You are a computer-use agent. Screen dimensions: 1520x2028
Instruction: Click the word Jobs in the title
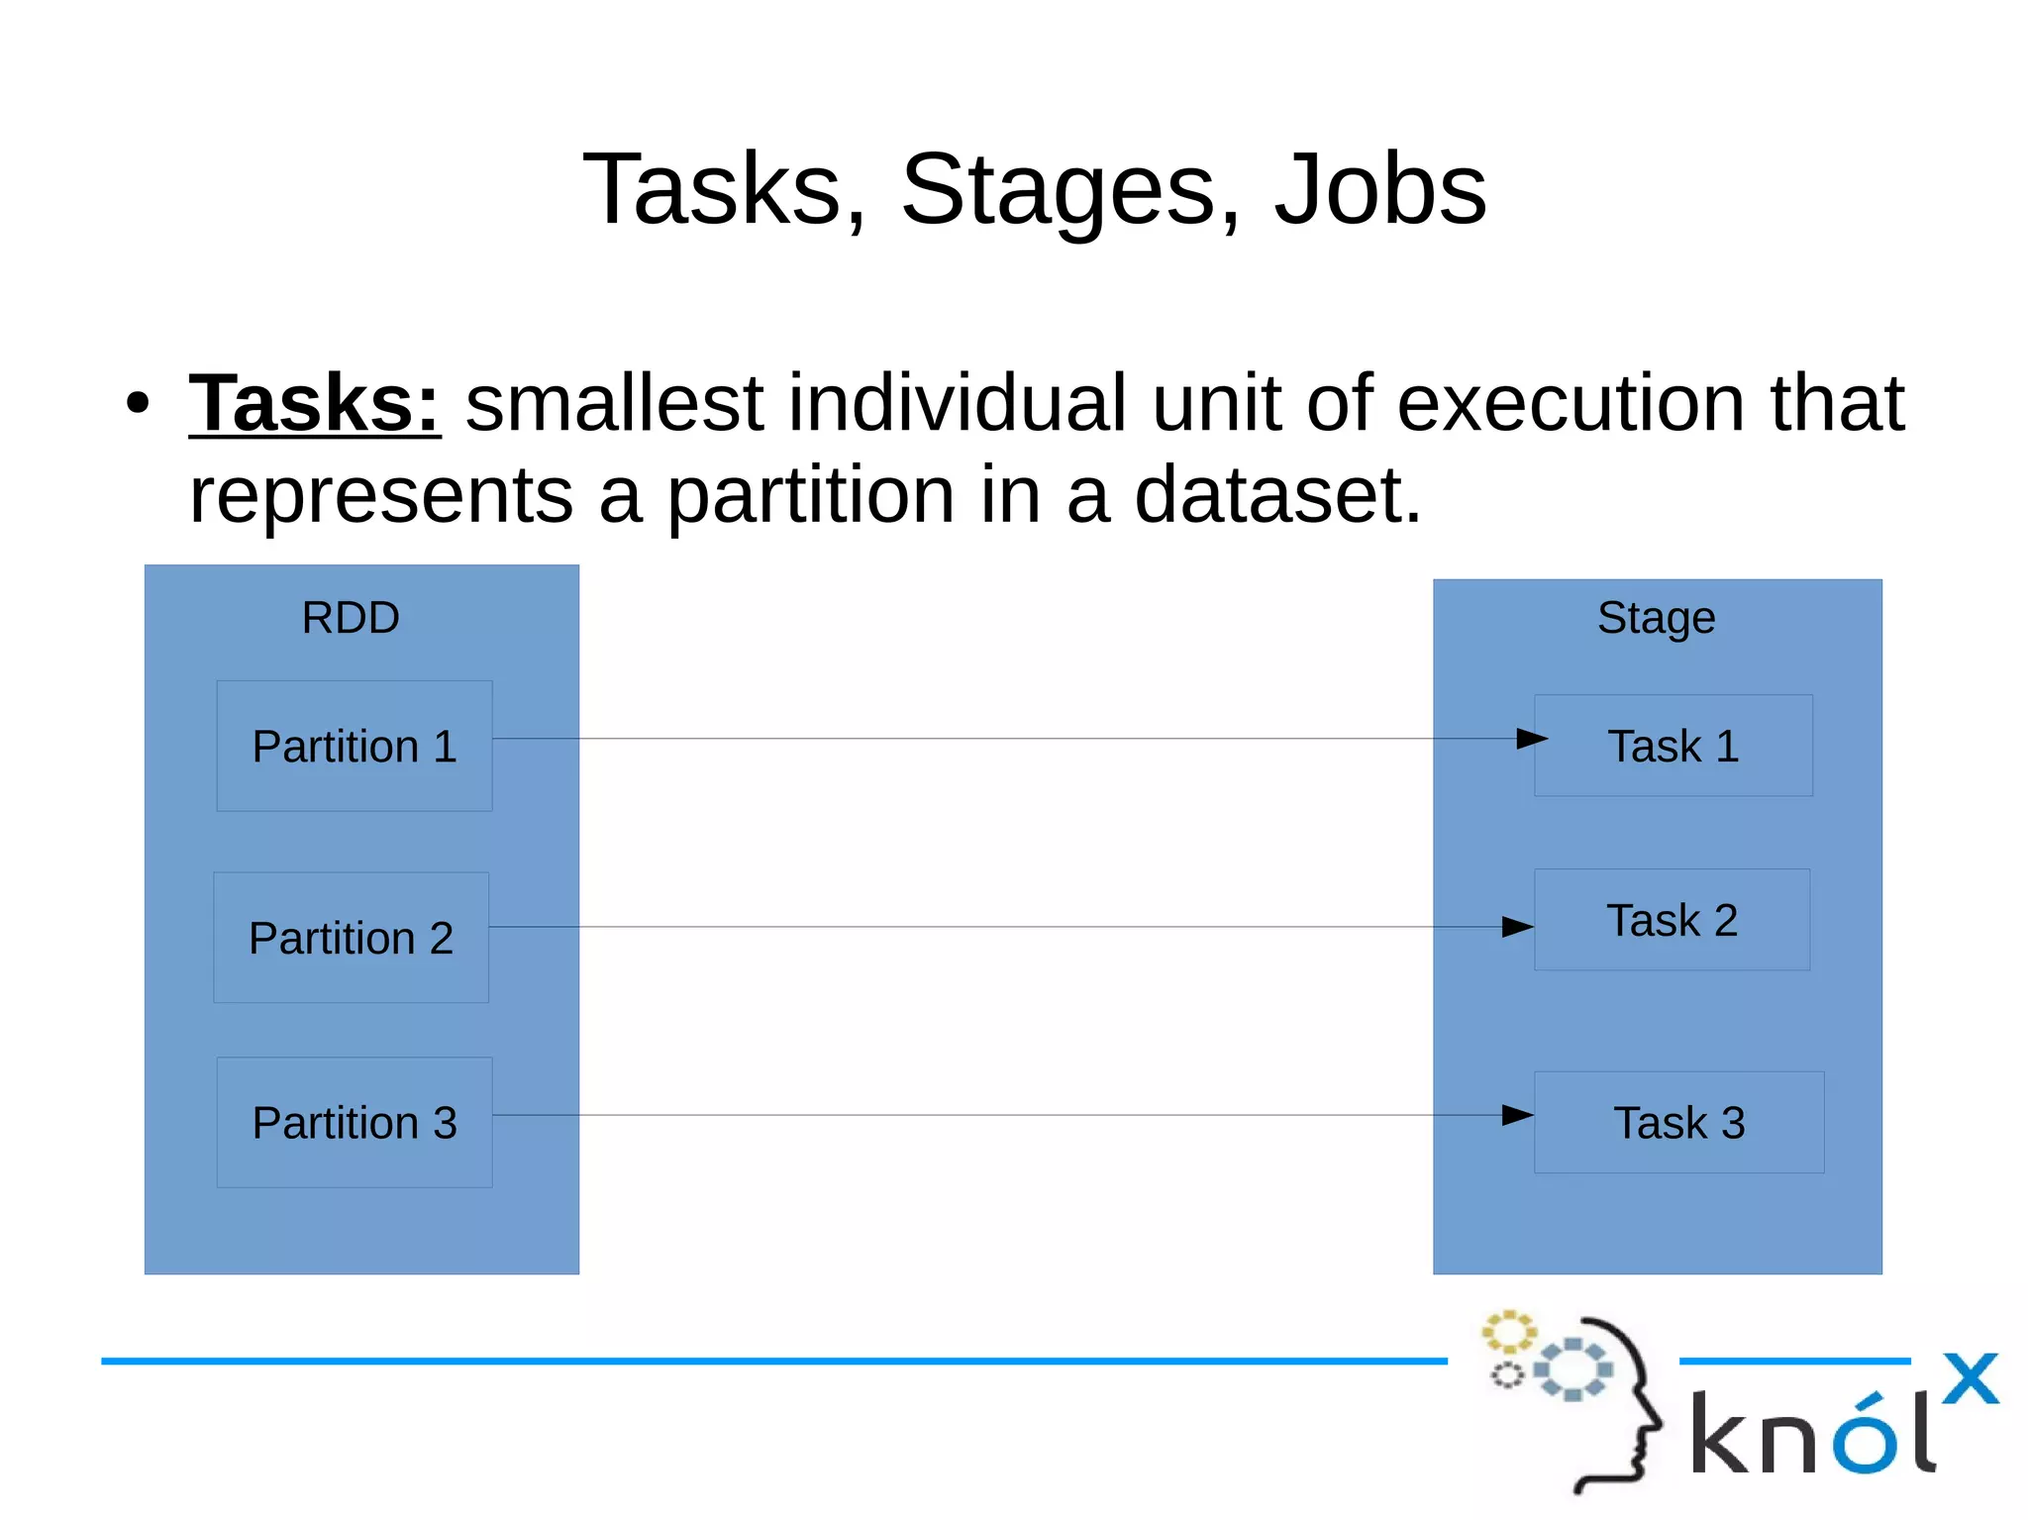tap(1380, 190)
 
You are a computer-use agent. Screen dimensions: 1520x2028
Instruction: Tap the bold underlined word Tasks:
tap(315, 403)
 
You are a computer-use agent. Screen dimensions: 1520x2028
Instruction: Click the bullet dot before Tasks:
tap(138, 403)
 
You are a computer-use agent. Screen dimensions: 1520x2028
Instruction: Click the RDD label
tap(351, 618)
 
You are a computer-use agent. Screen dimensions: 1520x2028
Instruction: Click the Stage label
tap(1656, 618)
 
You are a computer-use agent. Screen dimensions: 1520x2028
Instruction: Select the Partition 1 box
tap(355, 746)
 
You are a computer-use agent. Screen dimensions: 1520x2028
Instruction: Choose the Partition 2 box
tap(351, 937)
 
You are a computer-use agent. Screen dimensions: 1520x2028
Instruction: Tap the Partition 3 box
tap(355, 1122)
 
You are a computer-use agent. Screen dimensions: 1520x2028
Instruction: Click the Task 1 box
tap(1673, 746)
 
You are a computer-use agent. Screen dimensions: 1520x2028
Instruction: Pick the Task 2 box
tap(1672, 920)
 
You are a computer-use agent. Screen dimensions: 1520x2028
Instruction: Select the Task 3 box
tap(1678, 1122)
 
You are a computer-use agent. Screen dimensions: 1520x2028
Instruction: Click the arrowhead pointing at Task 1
tap(1531, 739)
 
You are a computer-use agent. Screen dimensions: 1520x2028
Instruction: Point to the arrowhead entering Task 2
tap(1517, 927)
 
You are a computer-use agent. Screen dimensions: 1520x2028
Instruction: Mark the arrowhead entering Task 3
tap(1517, 1115)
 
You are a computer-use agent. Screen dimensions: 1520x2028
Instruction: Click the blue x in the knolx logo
tap(1970, 1378)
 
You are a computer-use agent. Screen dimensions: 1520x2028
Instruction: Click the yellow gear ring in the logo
tap(1508, 1332)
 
